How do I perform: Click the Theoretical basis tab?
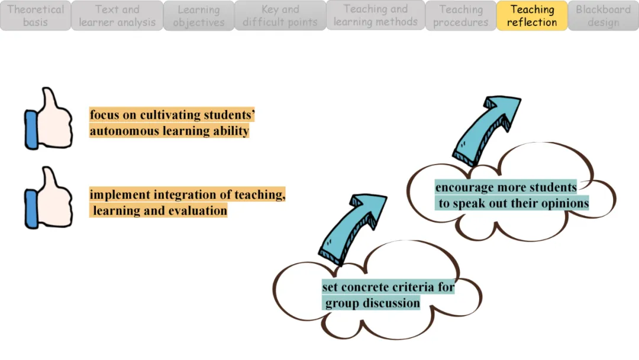35,16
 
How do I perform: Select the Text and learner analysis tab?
117,16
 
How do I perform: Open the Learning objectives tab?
199,16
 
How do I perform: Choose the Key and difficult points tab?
280,16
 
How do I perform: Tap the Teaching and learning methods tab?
376,16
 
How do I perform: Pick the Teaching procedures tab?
461,16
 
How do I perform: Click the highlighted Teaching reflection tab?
532,16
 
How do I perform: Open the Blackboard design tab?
603,16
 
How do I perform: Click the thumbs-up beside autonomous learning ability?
49,118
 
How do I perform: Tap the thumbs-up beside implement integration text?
49,198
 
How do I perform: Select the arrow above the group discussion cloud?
352,228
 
